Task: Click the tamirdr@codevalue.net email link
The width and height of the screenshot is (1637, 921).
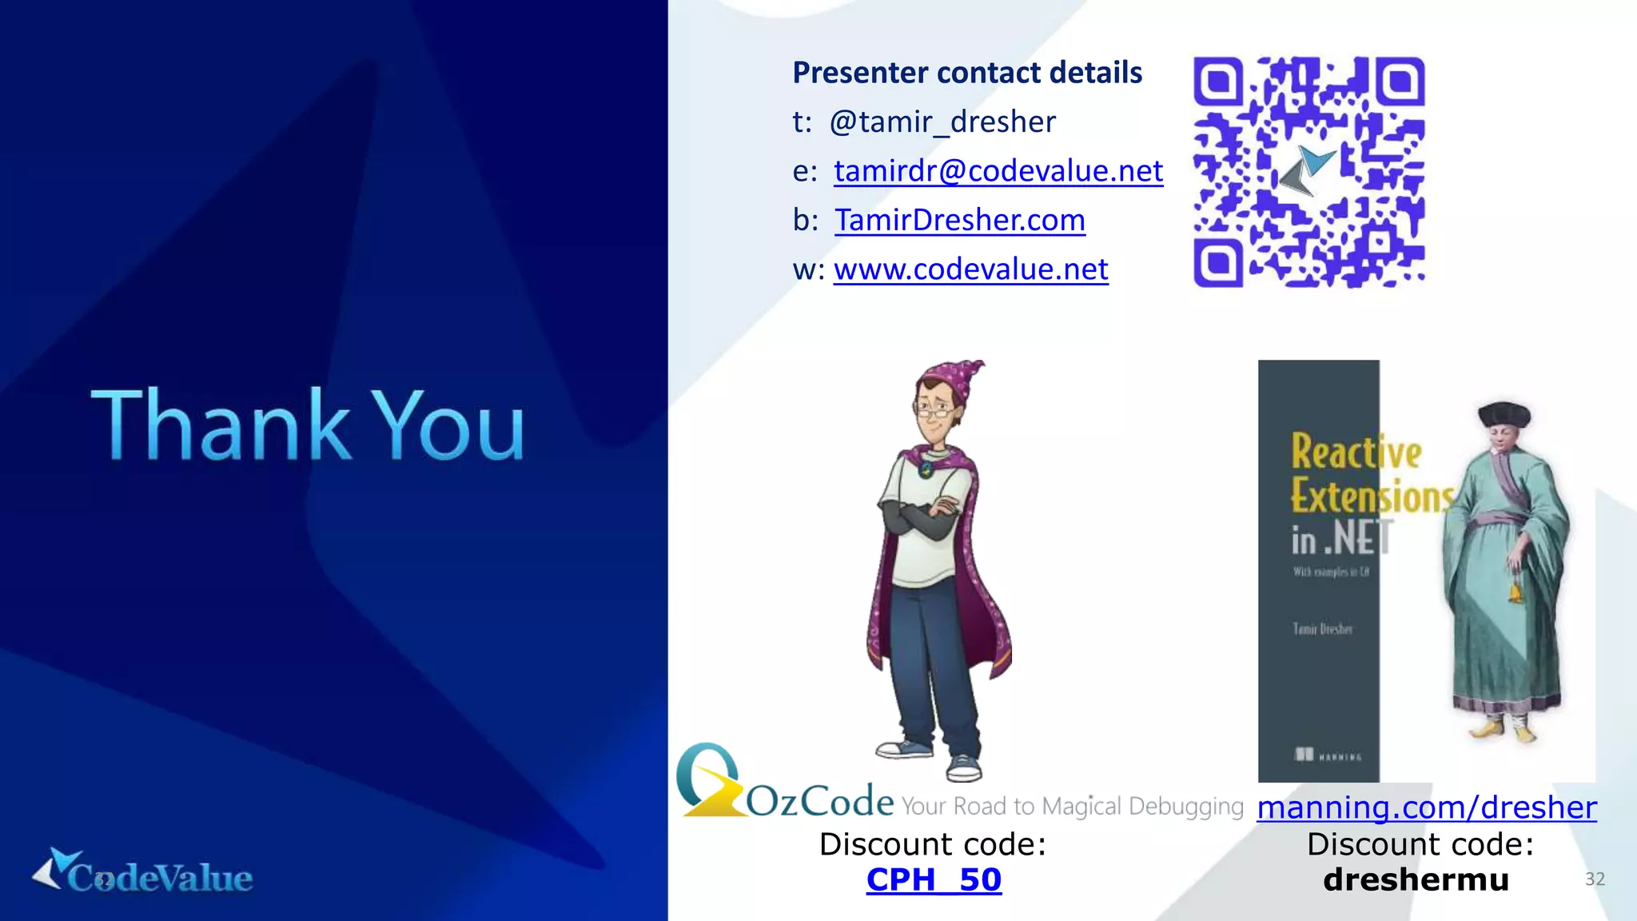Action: tap(998, 171)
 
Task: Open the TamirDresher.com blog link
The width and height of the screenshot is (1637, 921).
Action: tap(959, 220)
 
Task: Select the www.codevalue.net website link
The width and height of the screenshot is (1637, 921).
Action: tap(970, 269)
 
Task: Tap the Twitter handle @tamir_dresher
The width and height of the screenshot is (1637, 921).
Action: tap(942, 122)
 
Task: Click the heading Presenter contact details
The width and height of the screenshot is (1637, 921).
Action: tap(966, 73)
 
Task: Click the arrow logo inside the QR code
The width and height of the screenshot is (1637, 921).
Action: tap(1307, 170)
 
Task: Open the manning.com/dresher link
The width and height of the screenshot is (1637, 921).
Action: tap(1426, 807)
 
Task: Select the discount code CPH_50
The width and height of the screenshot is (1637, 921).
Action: tap(934, 879)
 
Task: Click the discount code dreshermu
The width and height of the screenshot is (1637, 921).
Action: tap(1416, 879)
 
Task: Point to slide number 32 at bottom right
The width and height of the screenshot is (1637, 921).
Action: tap(1595, 879)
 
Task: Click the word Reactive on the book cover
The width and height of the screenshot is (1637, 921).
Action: tap(1356, 452)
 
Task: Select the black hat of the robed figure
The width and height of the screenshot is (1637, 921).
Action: tap(1504, 414)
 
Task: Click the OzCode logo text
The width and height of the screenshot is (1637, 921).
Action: tap(819, 801)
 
